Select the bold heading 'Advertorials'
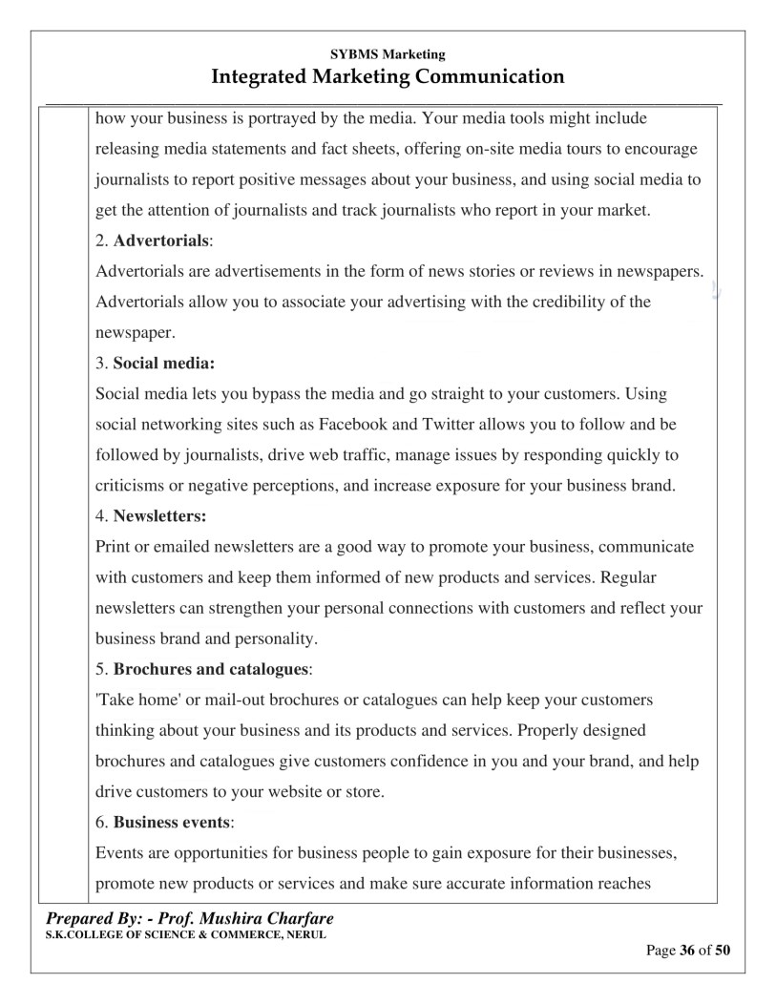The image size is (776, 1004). click(x=160, y=241)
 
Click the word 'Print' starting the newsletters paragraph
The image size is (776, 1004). click(x=113, y=547)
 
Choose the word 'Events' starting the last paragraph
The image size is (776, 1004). click(x=119, y=852)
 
